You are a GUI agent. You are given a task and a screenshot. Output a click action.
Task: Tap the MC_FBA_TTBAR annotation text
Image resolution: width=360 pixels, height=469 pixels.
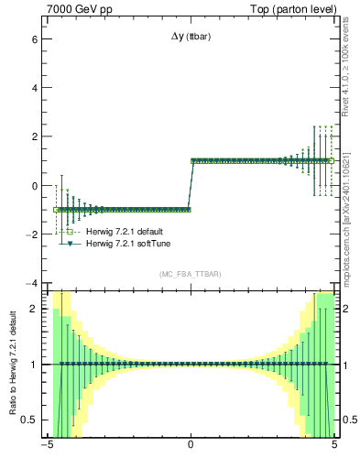[190, 274]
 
